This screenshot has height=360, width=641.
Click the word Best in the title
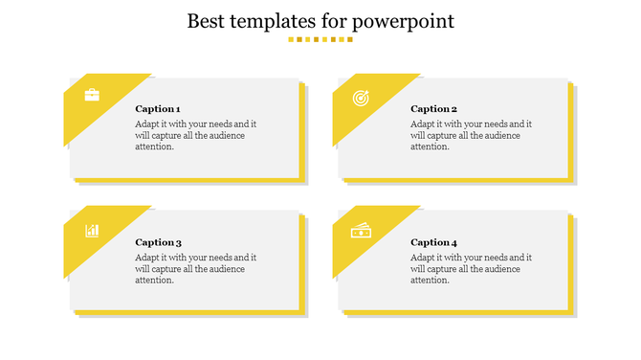point(208,20)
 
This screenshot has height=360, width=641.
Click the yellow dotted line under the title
point(320,40)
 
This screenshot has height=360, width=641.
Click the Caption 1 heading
point(158,109)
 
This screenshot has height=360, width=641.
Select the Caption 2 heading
point(433,109)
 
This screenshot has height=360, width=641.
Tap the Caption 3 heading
point(158,242)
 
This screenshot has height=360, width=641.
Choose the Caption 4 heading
point(433,242)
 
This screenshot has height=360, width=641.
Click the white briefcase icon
point(92,95)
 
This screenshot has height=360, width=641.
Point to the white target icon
point(361,97)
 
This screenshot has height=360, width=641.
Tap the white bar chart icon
point(92,230)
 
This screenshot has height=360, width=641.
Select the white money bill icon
point(361,230)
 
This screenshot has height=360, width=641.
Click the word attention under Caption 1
point(153,146)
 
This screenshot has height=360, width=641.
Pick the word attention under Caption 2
point(429,146)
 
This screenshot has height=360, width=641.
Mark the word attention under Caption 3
point(153,280)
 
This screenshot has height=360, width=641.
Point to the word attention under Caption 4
point(429,280)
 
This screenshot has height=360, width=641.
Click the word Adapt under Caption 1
point(147,124)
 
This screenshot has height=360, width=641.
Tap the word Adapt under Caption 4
point(423,258)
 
